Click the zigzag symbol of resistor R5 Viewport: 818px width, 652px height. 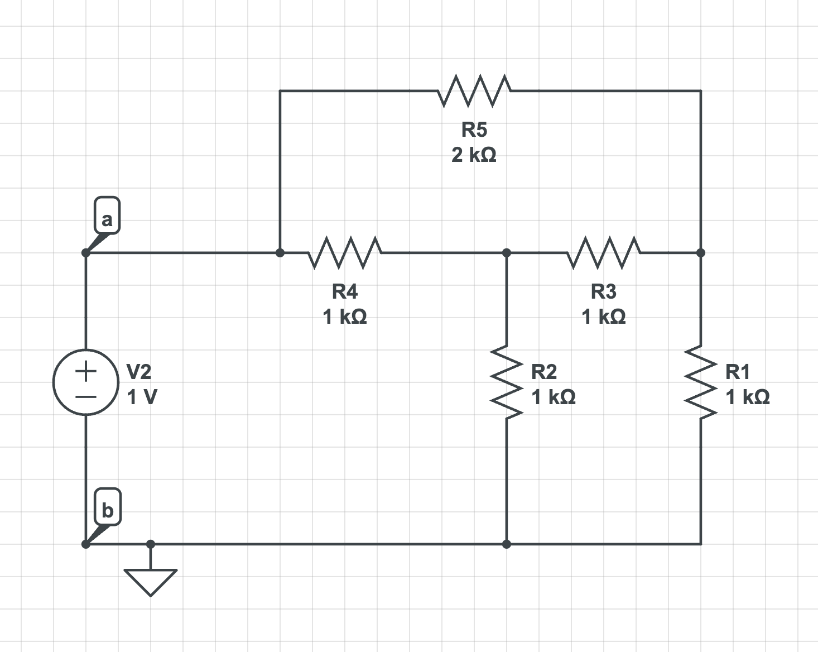pyautogui.click(x=474, y=90)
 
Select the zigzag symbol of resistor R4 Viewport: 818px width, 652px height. pyautogui.click(x=344, y=252)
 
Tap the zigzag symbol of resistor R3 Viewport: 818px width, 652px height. pyautogui.click(x=604, y=252)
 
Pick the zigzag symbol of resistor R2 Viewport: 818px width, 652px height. pyautogui.click(x=507, y=382)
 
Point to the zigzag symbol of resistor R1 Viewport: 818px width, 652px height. pyautogui.click(x=701, y=382)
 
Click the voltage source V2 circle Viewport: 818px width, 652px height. pyautogui.click(x=86, y=382)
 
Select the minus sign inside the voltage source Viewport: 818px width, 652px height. pyautogui.click(x=86, y=397)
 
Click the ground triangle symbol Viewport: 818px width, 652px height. pyautogui.click(x=150, y=581)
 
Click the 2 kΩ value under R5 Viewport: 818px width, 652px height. pyautogui.click(x=474, y=155)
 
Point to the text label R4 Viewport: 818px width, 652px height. pyautogui.click(x=344, y=291)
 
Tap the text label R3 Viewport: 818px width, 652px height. pyautogui.click(x=604, y=291)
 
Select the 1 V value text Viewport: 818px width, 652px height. pyautogui.click(x=142, y=397)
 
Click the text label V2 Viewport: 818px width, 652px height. pyautogui.click(x=139, y=371)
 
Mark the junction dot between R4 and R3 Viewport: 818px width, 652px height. pyautogui.click(x=507, y=253)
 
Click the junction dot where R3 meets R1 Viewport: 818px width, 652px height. pyautogui.click(x=701, y=253)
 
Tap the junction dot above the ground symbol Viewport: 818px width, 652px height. pyautogui.click(x=151, y=544)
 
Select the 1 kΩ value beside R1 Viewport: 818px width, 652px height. pyautogui.click(x=748, y=397)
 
